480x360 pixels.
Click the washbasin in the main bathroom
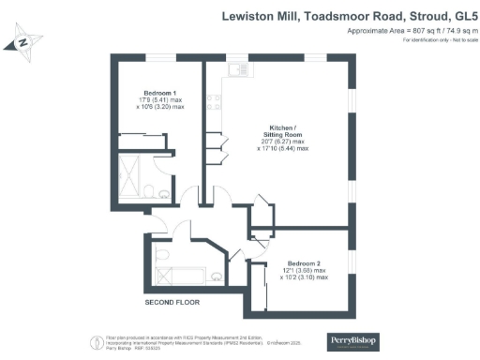click(216, 275)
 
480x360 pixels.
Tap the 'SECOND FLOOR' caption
click(172, 303)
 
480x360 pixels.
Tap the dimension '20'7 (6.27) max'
click(283, 145)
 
